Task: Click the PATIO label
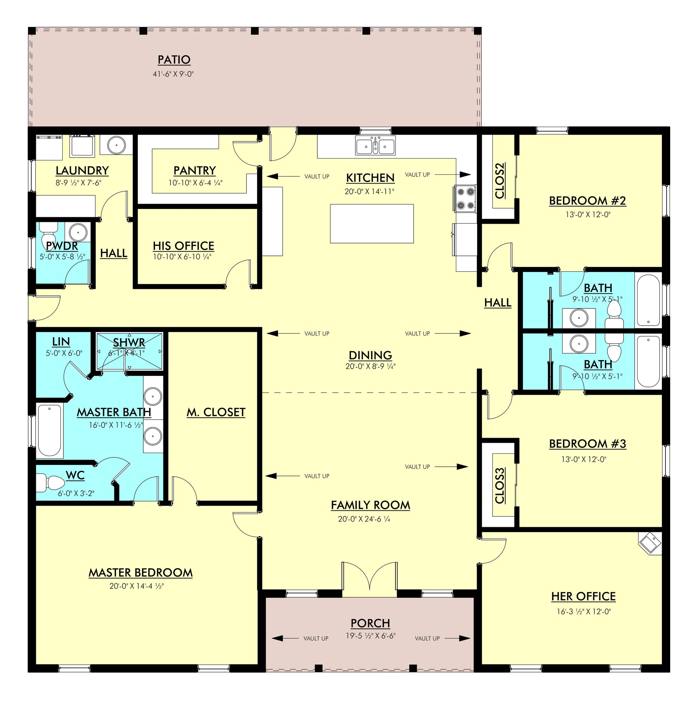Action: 174,60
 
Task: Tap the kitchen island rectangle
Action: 372,224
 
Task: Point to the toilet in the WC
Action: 50,483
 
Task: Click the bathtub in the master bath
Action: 49,431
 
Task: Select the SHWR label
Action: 129,343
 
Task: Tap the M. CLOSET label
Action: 216,412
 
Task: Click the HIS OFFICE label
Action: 183,246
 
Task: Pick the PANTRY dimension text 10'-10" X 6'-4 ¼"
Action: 196,183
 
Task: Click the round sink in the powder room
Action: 78,231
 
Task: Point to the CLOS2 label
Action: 500,180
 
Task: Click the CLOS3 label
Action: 500,485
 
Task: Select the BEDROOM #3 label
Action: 587,444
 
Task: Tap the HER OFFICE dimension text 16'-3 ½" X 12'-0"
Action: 583,611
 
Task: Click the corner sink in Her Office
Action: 650,543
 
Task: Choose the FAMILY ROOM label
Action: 370,505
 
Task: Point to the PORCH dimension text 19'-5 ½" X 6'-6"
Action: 370,636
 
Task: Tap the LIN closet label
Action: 61,342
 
